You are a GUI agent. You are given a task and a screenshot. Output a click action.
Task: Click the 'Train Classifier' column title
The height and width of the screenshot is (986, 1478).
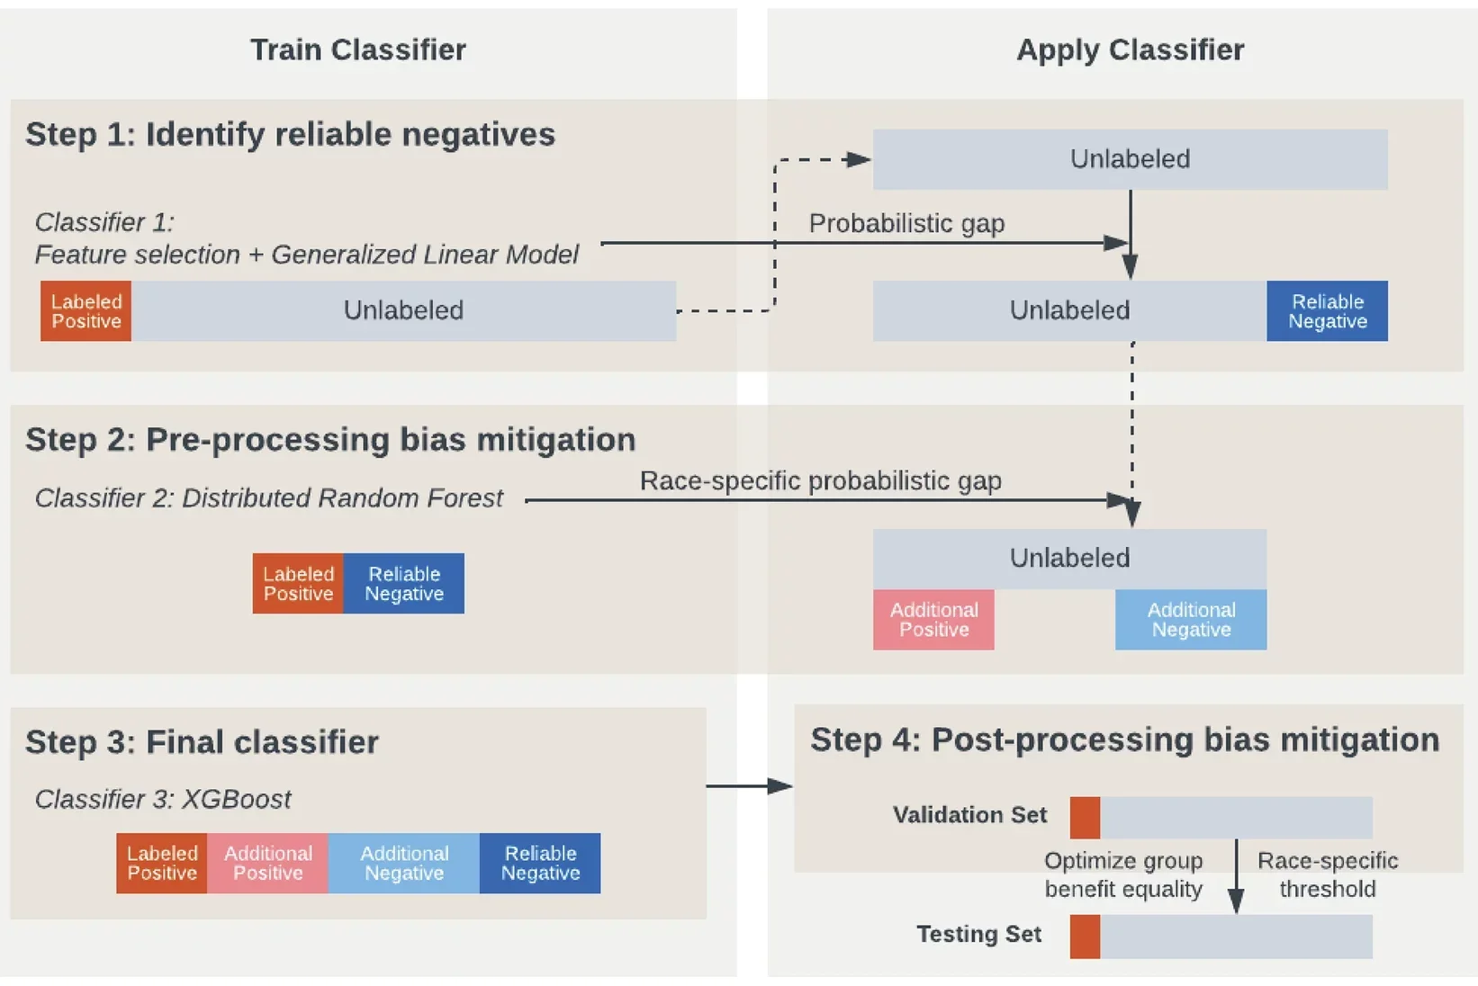(357, 49)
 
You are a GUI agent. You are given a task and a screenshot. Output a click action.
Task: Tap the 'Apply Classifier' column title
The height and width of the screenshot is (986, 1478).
(1130, 49)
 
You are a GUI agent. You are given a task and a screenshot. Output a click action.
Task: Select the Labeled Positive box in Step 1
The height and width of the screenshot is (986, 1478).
(86, 311)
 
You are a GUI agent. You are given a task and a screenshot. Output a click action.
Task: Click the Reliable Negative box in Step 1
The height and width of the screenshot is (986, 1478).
(1327, 311)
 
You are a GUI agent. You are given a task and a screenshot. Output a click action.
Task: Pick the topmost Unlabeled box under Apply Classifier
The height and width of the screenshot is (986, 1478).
(1130, 159)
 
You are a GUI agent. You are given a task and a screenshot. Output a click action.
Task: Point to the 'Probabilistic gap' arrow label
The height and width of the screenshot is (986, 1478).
(906, 223)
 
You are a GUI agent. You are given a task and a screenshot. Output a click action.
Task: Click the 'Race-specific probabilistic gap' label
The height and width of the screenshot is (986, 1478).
(820, 480)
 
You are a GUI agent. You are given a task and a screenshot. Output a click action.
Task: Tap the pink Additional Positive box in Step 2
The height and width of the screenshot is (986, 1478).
(933, 620)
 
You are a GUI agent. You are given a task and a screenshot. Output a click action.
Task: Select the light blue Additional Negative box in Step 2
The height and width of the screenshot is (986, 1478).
(1190, 620)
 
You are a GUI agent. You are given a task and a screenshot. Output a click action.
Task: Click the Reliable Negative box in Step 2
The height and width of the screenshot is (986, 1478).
(403, 584)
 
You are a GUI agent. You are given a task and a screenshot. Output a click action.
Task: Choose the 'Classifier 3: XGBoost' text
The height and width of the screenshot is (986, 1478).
(163, 799)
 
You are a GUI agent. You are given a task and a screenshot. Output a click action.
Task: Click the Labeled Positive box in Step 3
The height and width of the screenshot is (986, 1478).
(161, 864)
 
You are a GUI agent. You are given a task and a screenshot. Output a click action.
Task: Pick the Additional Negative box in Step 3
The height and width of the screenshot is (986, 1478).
(403, 864)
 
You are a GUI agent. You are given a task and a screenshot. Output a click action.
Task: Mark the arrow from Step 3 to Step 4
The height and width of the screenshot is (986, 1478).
(749, 786)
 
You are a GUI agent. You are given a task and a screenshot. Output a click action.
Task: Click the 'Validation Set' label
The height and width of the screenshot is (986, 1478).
(969, 815)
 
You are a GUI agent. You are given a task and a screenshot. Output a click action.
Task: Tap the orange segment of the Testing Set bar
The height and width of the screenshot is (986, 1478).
(1085, 937)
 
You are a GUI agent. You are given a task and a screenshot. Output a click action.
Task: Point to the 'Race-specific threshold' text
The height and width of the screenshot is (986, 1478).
(1327, 874)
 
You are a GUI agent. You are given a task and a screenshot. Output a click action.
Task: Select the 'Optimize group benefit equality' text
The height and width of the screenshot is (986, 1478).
(1122, 874)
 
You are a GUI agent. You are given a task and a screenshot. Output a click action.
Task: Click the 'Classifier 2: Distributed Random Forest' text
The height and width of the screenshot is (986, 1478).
(268, 498)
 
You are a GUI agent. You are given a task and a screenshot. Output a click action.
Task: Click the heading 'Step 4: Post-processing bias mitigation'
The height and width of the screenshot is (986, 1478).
(1124, 739)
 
